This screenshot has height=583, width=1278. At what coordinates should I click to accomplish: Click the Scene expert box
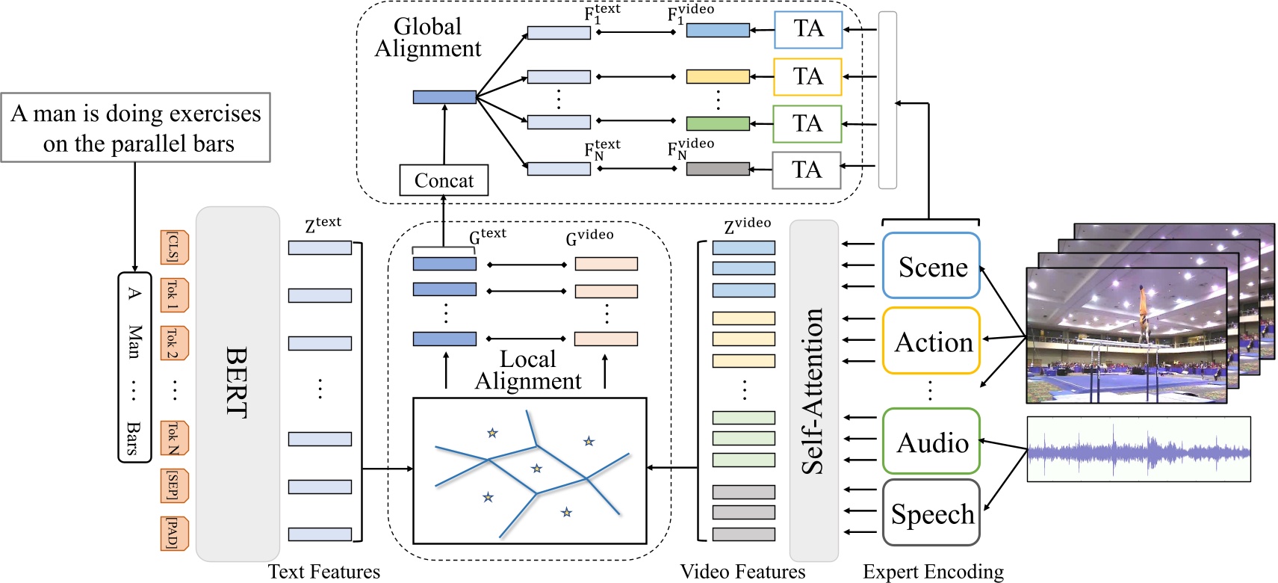coord(931,266)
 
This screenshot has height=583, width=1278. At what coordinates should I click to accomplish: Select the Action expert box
coord(931,341)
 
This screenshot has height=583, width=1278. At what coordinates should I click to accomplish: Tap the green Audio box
coord(931,442)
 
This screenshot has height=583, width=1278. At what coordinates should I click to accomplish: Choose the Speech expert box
coord(931,513)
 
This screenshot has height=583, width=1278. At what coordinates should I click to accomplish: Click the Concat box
coord(444,180)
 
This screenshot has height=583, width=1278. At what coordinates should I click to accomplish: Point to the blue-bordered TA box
coord(807,29)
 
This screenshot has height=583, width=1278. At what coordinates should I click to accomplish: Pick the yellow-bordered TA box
coord(807,76)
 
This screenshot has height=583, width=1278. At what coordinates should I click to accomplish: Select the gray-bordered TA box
coord(806,170)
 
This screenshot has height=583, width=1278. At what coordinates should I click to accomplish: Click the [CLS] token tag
coord(173,247)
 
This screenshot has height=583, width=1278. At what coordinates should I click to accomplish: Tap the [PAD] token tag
coord(173,534)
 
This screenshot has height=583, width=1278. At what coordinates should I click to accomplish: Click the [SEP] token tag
coord(173,486)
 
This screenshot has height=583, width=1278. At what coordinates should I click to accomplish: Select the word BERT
coord(236,382)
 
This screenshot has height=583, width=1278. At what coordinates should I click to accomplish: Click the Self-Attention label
coord(813,391)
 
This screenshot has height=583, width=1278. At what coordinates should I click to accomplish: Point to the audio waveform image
coord(1138,449)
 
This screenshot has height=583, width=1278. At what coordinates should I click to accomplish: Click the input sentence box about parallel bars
coord(135,128)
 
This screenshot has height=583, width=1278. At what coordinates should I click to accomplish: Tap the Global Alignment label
coord(427,37)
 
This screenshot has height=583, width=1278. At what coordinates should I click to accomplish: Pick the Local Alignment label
coord(527,370)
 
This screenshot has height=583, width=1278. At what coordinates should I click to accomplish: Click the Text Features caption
coord(323,572)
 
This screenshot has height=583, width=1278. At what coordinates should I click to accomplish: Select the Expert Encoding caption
coord(933,572)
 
